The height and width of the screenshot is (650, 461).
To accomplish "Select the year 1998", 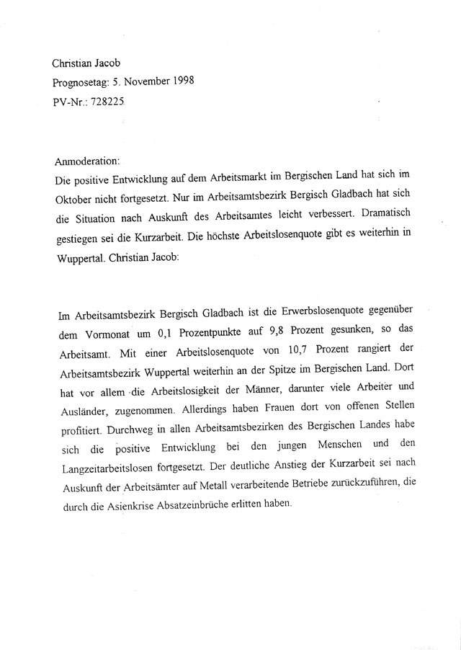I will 179,81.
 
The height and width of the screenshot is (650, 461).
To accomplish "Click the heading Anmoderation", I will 86,161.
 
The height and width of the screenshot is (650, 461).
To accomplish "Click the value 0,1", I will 165,332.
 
